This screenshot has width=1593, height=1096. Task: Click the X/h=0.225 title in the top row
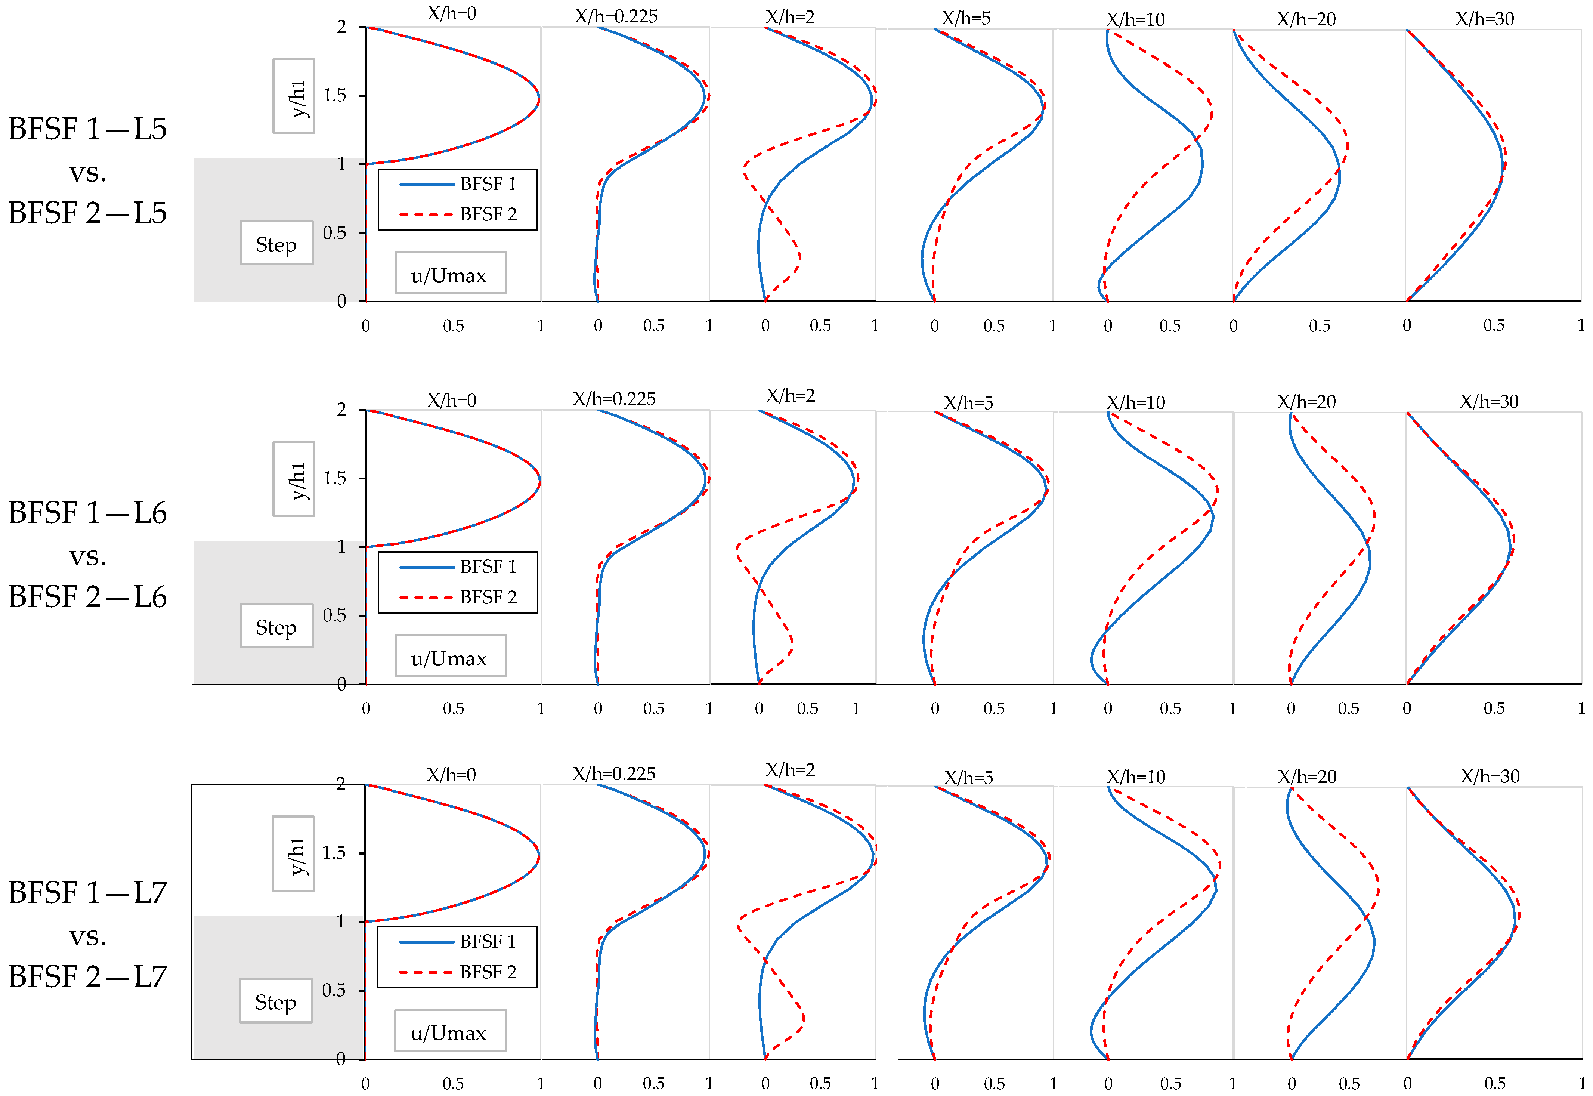tap(616, 16)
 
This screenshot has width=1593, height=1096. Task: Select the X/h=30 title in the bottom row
tap(1490, 776)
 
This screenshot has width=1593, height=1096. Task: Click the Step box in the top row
tap(276, 244)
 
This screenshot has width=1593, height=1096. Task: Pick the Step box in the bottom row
tap(275, 1002)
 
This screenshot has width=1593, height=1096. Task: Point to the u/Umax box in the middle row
tap(450, 658)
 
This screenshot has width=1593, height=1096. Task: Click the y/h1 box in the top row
tap(294, 96)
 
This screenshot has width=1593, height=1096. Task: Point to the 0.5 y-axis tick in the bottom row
tap(334, 990)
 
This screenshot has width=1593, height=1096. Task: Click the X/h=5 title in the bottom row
tap(968, 777)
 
